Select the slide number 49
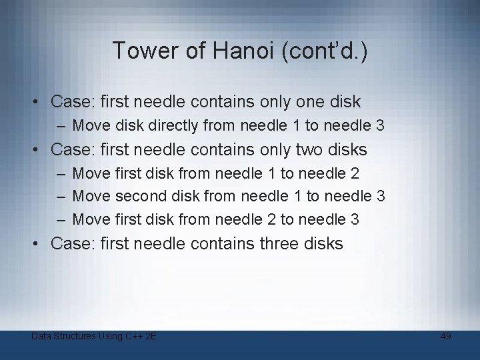446,336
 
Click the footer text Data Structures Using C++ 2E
94,336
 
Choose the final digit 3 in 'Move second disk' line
381,196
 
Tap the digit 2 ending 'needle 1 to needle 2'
355,173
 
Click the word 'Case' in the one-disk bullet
71,102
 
